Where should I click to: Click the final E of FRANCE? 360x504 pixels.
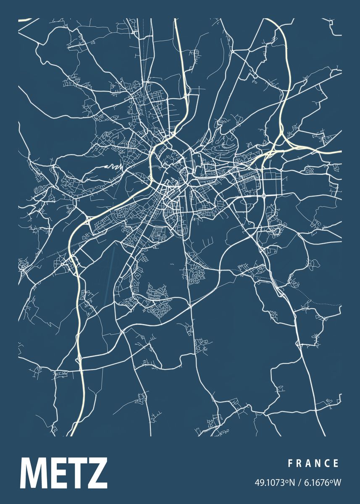tap(336, 463)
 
